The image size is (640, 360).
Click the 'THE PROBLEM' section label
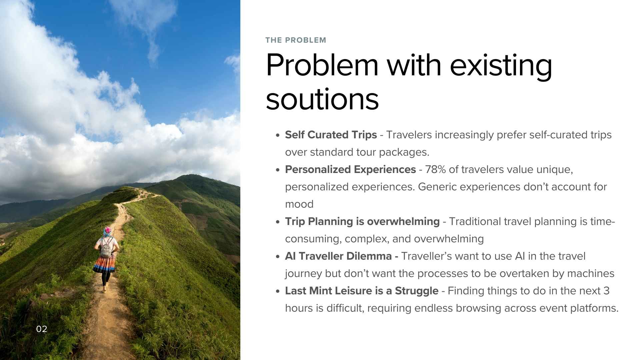coord(296,40)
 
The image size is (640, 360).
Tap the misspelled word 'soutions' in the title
coord(322,99)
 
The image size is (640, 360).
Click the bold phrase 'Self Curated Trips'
coord(331,135)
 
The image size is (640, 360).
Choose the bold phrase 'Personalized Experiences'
coord(350,169)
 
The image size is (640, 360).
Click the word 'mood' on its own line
coord(299,204)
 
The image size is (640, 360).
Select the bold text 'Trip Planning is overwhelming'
coord(362,221)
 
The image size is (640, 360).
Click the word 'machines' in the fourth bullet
coord(590,273)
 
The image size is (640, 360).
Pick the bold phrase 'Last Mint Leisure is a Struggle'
coord(361,291)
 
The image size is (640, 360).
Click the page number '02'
coord(42,329)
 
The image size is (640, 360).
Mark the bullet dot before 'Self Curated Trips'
coord(278,135)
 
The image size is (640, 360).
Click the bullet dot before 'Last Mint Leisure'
coord(278,291)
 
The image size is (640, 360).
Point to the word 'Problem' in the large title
coord(322,65)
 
